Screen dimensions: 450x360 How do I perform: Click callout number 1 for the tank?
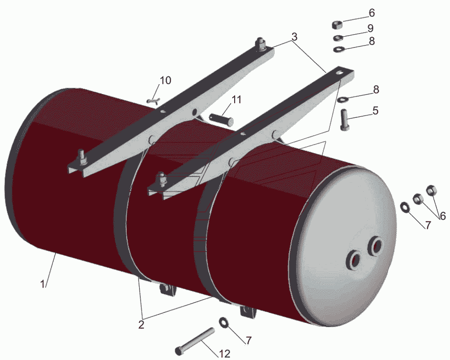click(x=43, y=285)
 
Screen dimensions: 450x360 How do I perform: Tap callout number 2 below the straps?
click(x=141, y=325)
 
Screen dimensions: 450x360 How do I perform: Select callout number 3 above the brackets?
click(x=295, y=37)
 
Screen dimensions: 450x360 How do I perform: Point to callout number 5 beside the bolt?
click(x=376, y=110)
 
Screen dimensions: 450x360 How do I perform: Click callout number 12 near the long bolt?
click(x=224, y=354)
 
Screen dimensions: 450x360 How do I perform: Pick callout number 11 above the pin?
click(x=236, y=100)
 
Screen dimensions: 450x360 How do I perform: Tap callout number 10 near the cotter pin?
click(x=165, y=80)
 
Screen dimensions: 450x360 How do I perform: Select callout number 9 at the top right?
click(x=370, y=28)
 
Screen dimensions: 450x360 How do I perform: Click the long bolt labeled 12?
click(x=195, y=341)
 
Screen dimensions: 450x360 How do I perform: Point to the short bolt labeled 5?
click(x=345, y=119)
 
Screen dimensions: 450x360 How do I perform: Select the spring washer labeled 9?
click(x=339, y=38)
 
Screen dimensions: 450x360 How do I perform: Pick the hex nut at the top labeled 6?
click(x=337, y=25)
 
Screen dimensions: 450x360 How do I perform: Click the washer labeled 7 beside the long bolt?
click(x=224, y=322)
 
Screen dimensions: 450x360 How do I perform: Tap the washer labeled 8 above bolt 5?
click(x=343, y=100)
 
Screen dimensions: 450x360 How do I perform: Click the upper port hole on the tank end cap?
click(x=376, y=247)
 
